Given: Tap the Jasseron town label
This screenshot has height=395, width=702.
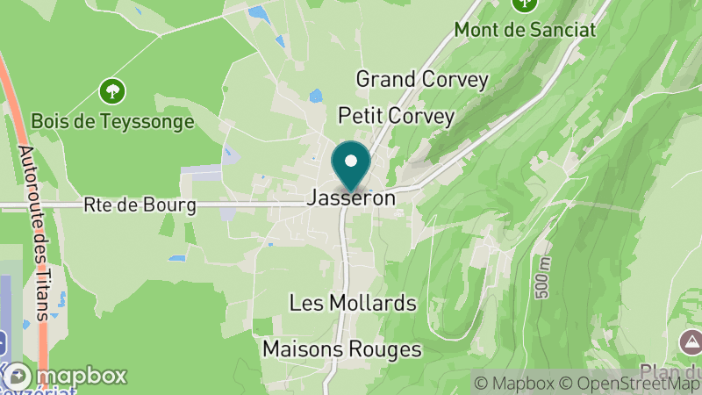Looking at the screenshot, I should pos(351,199).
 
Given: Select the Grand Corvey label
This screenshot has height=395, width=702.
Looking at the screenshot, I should pos(421,79).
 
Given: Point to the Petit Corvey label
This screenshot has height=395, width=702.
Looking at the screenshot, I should pos(397,117).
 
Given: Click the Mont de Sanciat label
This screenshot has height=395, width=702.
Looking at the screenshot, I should pos(525,29).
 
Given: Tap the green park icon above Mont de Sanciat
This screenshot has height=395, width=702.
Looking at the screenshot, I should pos(525,4).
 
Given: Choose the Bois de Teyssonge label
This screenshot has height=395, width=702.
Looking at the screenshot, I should pos(112,121).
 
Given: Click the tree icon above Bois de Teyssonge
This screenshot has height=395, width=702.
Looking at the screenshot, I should pos(112,90).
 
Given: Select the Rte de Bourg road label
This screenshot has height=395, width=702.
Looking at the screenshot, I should pos(140,206).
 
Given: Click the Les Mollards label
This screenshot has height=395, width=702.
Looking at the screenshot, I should pos(353,304).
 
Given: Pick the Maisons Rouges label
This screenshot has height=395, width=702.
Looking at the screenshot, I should pos(342,349).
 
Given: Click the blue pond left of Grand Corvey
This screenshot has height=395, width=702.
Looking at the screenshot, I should pos(315,97).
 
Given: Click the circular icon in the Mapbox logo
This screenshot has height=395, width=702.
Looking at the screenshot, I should pos(17,376).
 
